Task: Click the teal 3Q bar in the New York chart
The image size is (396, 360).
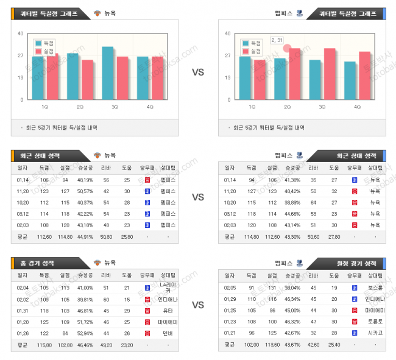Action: point(107,73)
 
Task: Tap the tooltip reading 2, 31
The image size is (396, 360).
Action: point(277,40)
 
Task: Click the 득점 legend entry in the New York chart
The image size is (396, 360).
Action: point(45,43)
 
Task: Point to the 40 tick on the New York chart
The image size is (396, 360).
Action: point(21,34)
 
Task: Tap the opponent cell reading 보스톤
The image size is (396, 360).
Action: point(375,288)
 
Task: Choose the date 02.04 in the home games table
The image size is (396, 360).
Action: point(23,288)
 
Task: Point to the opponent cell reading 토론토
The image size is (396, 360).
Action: point(375,321)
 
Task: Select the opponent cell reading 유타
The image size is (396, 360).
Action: point(167,310)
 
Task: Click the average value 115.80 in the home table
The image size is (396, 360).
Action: point(44,344)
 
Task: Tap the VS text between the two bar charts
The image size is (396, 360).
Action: point(198,72)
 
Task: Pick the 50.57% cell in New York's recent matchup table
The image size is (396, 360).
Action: point(85,191)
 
